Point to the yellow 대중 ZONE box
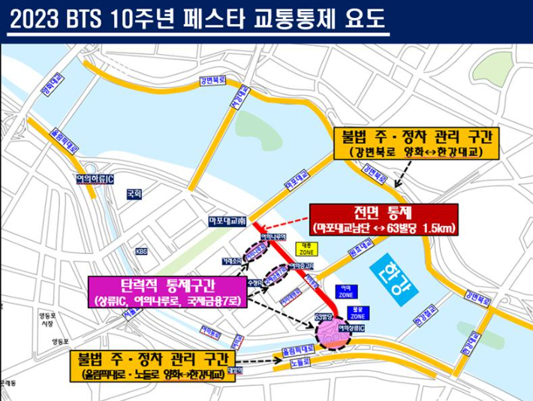click(306, 250)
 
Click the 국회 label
click(134, 193)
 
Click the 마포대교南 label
click(227, 221)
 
